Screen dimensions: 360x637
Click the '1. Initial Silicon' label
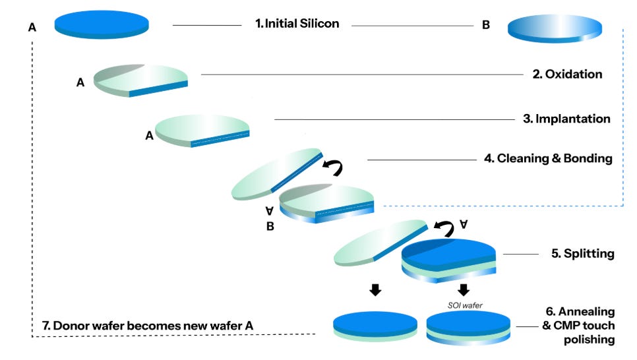pos(297,24)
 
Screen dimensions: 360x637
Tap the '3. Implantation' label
pos(566,119)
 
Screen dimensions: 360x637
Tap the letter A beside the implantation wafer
pos(149,136)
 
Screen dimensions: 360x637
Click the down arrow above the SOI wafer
pos(464,289)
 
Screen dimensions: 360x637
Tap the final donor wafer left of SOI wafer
pos(375,326)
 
